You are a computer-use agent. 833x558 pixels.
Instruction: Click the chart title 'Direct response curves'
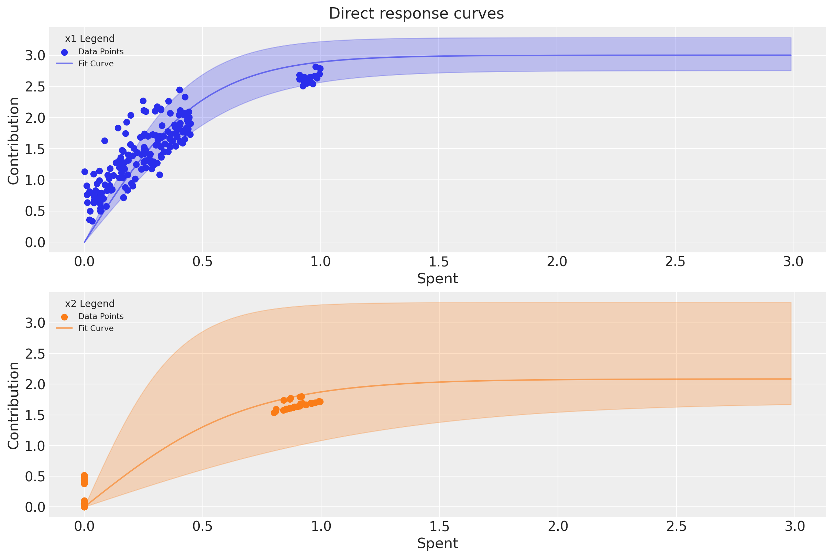click(x=416, y=13)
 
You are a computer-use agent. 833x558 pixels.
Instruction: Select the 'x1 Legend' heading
click(x=90, y=39)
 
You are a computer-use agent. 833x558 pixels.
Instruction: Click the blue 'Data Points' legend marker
click(x=64, y=52)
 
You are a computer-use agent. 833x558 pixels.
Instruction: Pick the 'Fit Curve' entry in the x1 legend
click(x=96, y=64)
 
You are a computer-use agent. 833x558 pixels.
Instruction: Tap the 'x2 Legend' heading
click(x=90, y=304)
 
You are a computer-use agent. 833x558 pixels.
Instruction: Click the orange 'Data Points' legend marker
click(x=64, y=317)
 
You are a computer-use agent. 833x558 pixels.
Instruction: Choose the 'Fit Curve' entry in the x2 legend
click(x=96, y=328)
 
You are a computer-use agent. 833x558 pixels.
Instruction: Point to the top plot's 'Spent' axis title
click(x=437, y=278)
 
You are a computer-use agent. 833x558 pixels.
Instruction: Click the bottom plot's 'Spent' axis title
click(x=437, y=543)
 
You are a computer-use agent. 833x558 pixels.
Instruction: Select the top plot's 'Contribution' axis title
click(x=13, y=141)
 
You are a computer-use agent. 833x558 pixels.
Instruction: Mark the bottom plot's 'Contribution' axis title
click(x=13, y=406)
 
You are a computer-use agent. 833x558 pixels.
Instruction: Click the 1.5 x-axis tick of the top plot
click(x=438, y=262)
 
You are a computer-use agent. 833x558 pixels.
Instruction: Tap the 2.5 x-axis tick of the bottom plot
click(x=676, y=526)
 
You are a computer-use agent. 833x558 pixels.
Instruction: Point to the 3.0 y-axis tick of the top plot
click(x=35, y=55)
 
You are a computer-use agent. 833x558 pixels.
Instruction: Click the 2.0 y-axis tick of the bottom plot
click(x=35, y=384)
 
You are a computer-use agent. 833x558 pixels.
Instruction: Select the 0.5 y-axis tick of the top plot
click(x=35, y=211)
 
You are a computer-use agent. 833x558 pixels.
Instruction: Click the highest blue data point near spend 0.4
click(x=179, y=90)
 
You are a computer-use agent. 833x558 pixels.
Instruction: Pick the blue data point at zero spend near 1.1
click(x=85, y=172)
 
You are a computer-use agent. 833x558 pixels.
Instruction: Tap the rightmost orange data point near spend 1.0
click(x=320, y=402)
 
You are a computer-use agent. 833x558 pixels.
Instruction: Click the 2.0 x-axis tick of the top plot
click(x=557, y=262)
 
